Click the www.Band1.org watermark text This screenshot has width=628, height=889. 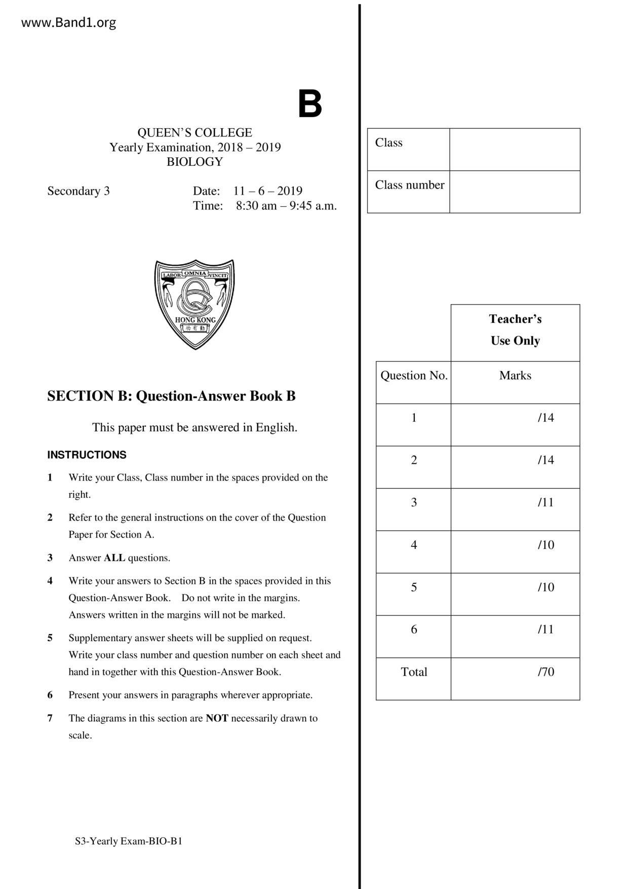coord(68,23)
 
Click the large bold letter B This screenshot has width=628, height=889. coord(309,104)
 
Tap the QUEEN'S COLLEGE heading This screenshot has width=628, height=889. coord(194,133)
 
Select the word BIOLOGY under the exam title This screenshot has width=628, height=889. coord(194,162)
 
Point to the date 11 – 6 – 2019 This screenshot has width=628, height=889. coord(267,191)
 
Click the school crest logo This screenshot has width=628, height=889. coord(194,304)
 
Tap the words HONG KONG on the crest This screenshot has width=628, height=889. coord(195,320)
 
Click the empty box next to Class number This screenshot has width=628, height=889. coord(515,192)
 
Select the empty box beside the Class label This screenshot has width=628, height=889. coord(515,150)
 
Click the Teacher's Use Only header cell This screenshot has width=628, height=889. coord(515,330)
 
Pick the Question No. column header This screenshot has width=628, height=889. coord(414,376)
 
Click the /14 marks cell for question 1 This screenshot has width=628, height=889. coord(545,418)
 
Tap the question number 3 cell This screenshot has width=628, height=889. coord(414,503)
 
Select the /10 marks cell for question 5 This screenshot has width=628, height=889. coord(545,587)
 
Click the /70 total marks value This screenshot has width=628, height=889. coord(545,672)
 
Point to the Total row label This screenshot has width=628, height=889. coord(414,672)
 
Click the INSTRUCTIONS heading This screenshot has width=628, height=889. coord(87,455)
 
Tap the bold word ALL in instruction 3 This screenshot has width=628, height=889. coord(114,558)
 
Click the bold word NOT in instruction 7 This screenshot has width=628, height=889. coord(217,718)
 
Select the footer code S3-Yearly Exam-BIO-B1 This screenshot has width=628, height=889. coord(129,841)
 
